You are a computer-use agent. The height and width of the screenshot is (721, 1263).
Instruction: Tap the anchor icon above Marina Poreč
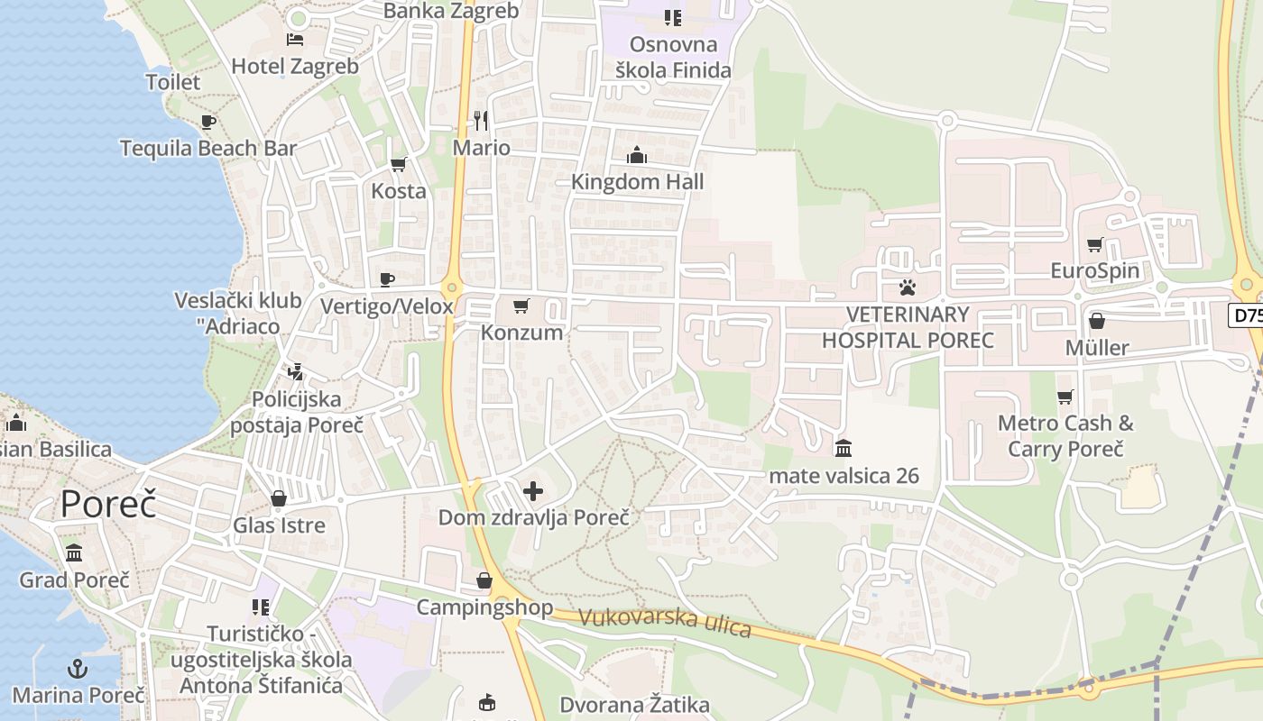[78, 669]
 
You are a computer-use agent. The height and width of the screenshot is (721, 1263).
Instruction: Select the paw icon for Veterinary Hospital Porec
[907, 287]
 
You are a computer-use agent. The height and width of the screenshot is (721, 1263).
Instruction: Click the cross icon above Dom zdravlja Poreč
[533, 491]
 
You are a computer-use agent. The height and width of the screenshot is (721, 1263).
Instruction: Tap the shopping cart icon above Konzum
[521, 306]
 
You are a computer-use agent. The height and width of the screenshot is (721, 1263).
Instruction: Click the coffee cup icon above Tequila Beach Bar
[208, 122]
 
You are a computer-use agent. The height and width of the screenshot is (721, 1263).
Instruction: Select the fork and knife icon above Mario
[481, 121]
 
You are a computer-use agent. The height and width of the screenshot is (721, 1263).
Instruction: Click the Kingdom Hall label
[637, 181]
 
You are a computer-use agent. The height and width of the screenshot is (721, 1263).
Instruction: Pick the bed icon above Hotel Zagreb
[295, 40]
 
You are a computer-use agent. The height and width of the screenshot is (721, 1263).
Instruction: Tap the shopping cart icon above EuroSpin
[1095, 244]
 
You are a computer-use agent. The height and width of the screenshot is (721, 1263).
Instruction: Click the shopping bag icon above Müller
[1097, 321]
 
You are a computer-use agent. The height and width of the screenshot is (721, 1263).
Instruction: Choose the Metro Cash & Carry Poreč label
[1065, 435]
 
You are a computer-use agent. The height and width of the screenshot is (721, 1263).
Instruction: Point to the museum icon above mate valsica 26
[844, 448]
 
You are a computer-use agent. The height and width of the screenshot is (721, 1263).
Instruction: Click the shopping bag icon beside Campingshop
[484, 581]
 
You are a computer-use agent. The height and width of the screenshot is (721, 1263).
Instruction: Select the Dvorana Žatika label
[634, 705]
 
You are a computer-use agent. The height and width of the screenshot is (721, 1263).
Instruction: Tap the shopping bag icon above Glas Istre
[279, 498]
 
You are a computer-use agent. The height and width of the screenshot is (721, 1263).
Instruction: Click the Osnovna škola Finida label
[673, 57]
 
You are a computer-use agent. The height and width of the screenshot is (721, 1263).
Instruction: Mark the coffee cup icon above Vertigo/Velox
[387, 279]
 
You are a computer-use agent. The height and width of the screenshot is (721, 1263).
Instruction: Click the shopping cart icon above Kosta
[398, 164]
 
